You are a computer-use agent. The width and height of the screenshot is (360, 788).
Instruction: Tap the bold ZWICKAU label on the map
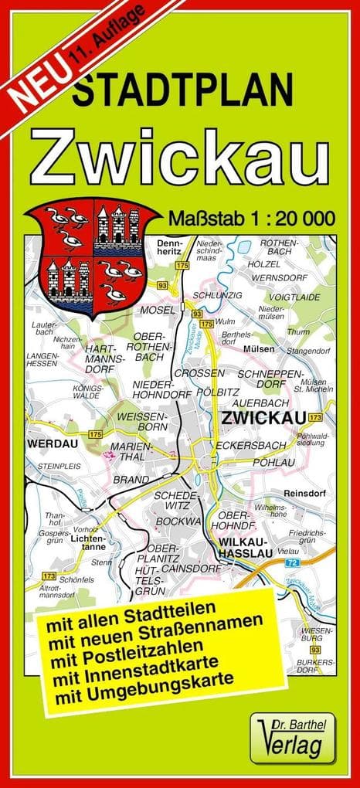(x=260, y=417)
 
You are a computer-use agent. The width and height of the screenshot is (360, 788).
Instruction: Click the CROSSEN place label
(x=199, y=373)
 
